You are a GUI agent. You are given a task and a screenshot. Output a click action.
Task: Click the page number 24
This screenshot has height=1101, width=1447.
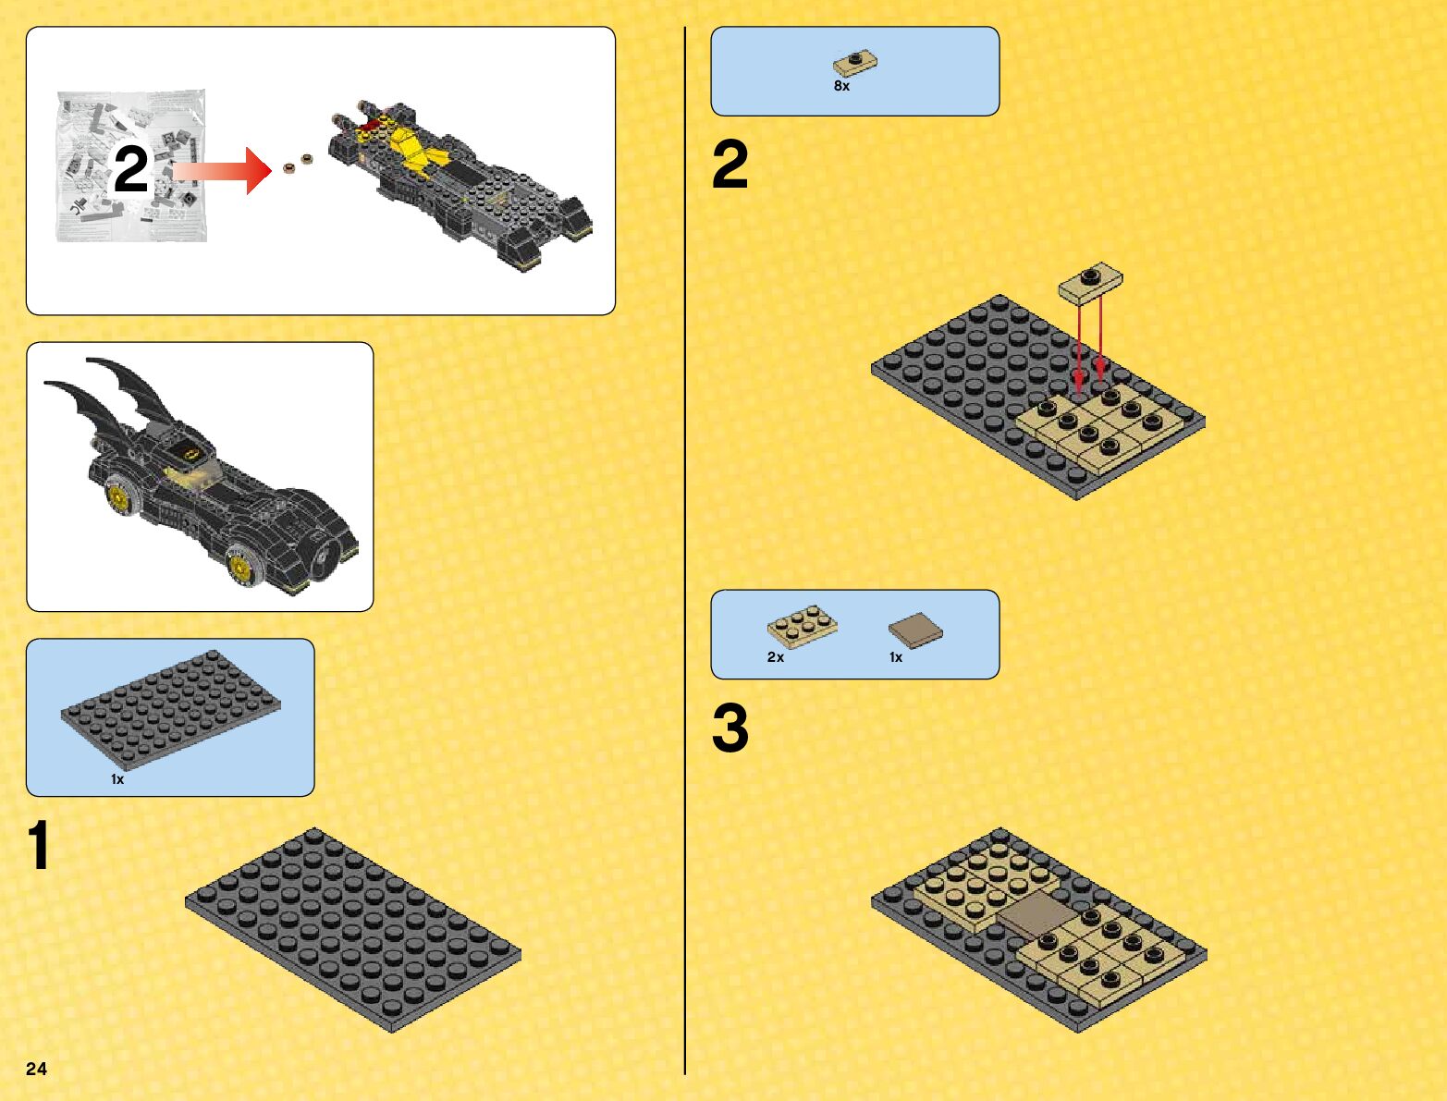point(36,1069)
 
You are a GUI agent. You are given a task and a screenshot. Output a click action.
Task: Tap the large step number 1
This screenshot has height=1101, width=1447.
point(39,845)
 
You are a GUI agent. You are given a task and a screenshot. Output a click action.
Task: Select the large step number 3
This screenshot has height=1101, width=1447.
point(730,728)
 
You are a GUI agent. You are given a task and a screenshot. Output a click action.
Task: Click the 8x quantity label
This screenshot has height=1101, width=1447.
point(841,86)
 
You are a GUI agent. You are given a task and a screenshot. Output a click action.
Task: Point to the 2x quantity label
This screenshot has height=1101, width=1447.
point(776,657)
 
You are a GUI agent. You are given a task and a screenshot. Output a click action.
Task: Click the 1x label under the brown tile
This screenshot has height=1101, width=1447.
point(896,657)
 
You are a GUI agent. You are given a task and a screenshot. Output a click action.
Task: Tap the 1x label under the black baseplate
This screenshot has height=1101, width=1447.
point(117,779)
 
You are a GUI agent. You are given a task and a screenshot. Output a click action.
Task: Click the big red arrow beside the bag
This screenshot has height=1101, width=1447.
point(222,171)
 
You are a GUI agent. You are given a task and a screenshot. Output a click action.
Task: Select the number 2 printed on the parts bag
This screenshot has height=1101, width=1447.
point(131,168)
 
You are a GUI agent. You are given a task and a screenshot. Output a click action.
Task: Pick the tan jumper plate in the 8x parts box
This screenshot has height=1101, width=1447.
point(855,64)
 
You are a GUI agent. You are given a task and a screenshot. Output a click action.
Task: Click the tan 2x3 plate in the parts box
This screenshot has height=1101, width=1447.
point(803,626)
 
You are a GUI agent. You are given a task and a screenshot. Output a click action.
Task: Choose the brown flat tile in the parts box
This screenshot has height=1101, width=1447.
point(915,630)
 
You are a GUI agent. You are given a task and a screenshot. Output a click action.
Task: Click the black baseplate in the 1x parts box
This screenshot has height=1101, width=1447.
point(171,710)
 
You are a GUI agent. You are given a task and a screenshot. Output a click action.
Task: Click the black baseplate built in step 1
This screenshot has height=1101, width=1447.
point(353,930)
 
